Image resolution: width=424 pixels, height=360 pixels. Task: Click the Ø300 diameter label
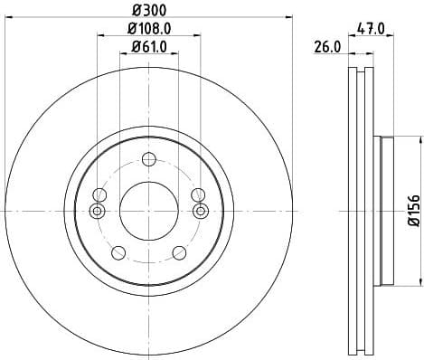click(x=150, y=10)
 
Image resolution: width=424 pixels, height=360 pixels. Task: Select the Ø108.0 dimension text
click(x=150, y=30)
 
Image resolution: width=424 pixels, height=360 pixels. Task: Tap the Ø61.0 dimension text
click(x=150, y=48)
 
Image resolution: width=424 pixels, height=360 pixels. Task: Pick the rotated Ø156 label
click(x=412, y=210)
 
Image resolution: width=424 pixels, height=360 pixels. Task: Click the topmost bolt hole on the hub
click(x=150, y=161)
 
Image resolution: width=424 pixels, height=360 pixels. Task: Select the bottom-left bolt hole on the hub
click(x=118, y=252)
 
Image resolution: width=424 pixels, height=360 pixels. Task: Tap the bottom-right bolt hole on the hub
click(x=182, y=252)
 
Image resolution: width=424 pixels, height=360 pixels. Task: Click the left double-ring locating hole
click(x=99, y=211)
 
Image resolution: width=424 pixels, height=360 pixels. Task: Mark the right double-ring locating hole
click(x=201, y=211)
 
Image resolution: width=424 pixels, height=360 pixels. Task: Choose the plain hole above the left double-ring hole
click(x=101, y=194)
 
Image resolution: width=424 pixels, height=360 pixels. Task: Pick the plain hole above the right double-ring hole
click(x=198, y=194)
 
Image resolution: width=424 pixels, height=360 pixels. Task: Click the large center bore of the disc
click(x=150, y=210)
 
